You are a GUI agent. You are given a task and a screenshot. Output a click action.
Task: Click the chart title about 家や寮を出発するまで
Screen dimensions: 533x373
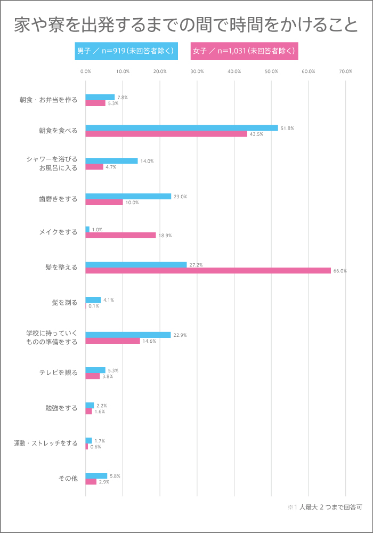(x=186, y=25)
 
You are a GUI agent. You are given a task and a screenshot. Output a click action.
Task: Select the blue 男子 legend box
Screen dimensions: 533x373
(x=126, y=51)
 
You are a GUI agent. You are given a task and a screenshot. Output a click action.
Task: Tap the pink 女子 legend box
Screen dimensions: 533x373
(x=244, y=51)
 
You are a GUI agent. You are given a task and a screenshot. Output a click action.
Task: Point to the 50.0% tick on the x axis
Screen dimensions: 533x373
(x=271, y=71)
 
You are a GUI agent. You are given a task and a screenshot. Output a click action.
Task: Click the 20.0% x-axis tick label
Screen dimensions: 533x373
(x=160, y=71)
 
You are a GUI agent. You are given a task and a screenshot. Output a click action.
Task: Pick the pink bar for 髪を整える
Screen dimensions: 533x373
(x=208, y=270)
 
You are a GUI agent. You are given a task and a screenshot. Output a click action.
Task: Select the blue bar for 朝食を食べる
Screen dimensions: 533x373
(x=182, y=128)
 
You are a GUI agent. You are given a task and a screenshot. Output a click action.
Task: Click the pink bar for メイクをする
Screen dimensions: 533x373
(x=120, y=235)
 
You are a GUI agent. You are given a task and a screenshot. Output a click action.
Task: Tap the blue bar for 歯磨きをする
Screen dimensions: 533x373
(x=128, y=196)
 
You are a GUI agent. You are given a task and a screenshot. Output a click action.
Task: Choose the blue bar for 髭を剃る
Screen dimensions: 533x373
(x=93, y=300)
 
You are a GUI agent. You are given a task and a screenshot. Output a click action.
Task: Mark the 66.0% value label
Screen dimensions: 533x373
(x=340, y=271)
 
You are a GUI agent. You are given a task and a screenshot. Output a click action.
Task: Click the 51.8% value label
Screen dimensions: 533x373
(x=287, y=128)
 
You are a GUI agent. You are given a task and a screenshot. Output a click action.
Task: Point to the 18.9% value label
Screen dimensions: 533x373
(x=165, y=236)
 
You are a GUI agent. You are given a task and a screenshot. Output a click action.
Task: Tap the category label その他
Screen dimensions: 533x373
(x=68, y=479)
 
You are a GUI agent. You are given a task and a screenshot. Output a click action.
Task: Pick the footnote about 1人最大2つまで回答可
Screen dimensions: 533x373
(x=325, y=507)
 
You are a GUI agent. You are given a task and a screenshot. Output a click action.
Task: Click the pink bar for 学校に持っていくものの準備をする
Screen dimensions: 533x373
(x=112, y=341)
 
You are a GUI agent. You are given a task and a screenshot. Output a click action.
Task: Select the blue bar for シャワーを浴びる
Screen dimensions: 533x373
(x=111, y=160)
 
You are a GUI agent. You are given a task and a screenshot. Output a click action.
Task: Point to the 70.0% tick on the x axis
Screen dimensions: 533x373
(x=345, y=71)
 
